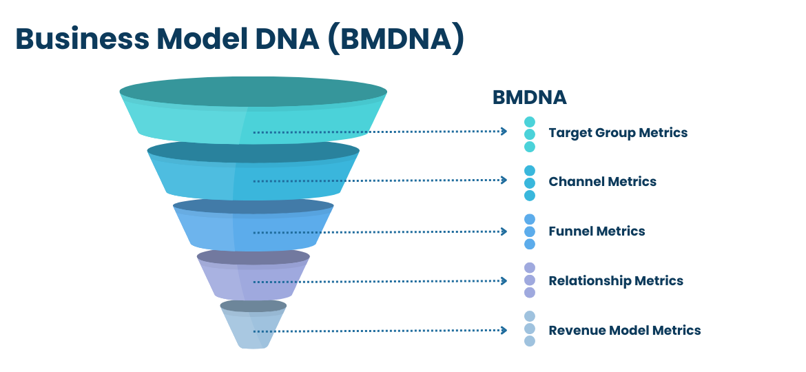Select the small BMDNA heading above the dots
(x=530, y=98)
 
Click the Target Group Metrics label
(x=618, y=132)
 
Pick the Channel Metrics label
(x=603, y=181)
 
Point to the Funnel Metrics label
(x=597, y=231)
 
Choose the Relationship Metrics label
(x=616, y=280)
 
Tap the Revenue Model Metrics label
(x=625, y=330)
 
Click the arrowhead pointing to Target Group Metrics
(x=504, y=132)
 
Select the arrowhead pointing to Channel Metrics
(x=504, y=180)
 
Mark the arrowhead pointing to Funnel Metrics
(x=504, y=231)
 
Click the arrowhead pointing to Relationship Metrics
(x=504, y=281)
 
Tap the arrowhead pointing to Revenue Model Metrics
(x=504, y=331)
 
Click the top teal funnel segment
(x=254, y=110)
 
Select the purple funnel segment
(x=254, y=274)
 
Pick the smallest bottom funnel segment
(x=254, y=324)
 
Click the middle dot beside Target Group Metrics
(x=530, y=134)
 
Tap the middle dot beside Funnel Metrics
(x=530, y=231)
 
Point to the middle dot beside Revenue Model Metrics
(x=530, y=329)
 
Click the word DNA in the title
(x=287, y=39)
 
